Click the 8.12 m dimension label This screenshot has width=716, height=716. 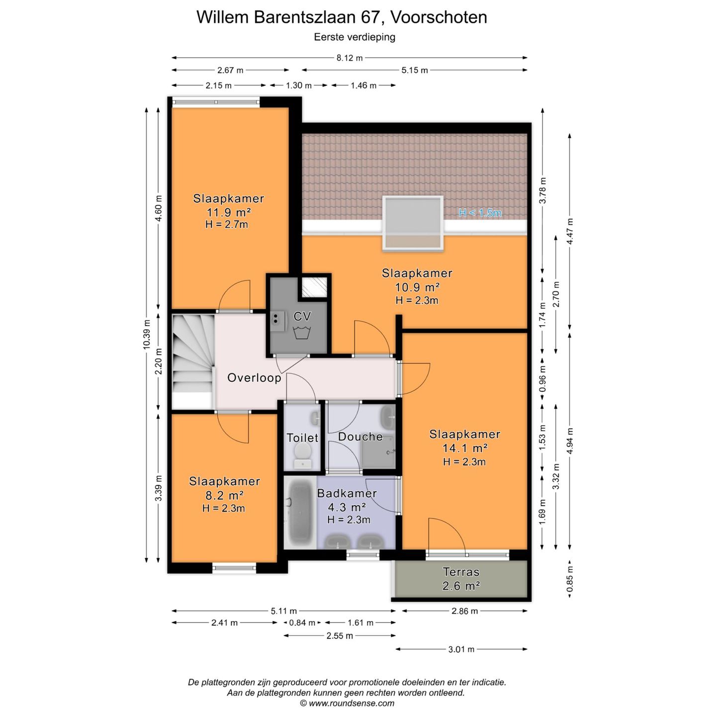pos(350,58)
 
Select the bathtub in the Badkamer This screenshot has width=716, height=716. pos(300,513)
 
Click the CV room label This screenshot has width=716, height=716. pos(302,316)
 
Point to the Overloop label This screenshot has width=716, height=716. pos(254,378)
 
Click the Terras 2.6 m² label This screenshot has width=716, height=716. pos(461,579)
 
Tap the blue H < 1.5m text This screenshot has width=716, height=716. pos(480,213)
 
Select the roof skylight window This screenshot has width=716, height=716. pos(413,223)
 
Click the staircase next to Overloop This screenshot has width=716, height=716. pos(193,360)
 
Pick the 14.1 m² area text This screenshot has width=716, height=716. pos(464,448)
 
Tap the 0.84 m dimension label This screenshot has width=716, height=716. pos(302,623)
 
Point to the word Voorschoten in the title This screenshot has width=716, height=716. pos(439,17)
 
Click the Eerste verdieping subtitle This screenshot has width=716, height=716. pos(355,37)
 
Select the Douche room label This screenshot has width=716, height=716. pos(360,437)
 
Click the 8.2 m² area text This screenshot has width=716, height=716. pos(224,495)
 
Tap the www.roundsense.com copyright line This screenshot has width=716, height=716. pos(347,703)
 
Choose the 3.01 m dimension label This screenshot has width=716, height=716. pos(461,649)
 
